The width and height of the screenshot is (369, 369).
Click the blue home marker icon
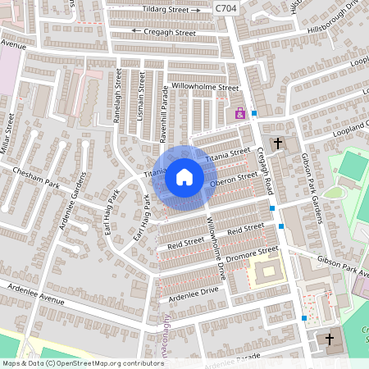click(184, 176)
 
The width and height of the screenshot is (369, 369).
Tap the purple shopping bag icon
click(240, 114)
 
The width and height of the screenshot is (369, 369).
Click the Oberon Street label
click(234, 179)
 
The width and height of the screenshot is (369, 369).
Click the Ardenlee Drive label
click(194, 290)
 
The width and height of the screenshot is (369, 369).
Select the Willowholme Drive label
click(216, 245)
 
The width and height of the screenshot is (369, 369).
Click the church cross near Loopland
click(277, 144)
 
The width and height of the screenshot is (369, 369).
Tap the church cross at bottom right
click(330, 339)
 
